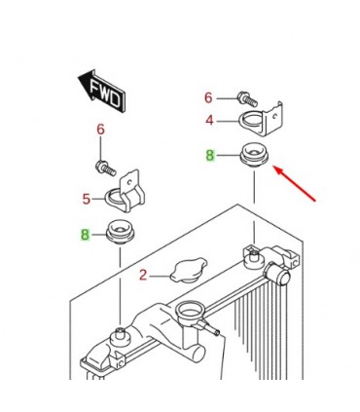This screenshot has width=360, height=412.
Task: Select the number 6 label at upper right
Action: tap(207, 97)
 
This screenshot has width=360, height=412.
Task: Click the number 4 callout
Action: tap(207, 122)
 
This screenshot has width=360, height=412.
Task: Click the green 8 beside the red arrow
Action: tap(208, 154)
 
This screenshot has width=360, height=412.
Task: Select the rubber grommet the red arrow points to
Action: tap(253, 156)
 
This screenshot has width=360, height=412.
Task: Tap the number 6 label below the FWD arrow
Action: tap(99, 130)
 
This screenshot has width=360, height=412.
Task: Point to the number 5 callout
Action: tap(86, 199)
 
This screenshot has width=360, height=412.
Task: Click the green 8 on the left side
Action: tap(85, 234)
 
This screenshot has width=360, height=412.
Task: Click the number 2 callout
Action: tap(143, 276)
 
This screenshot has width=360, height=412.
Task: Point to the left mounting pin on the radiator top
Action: tap(120, 337)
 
